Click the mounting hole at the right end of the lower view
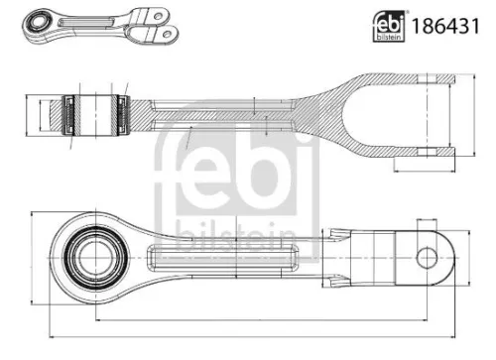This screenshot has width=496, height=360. click(x=426, y=258)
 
